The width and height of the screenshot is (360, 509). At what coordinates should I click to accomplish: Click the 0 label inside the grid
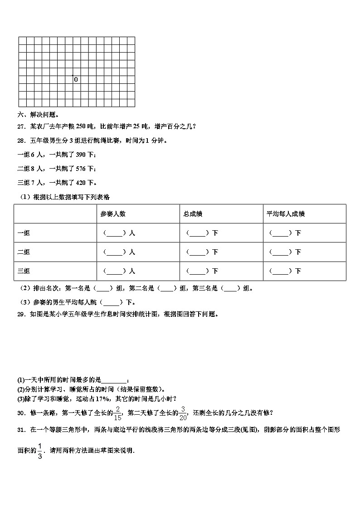[76, 80]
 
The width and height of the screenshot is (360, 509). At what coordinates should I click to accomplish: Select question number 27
[21, 126]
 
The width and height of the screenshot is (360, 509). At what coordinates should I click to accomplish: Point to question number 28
[21, 141]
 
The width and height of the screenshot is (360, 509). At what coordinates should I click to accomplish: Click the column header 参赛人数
[113, 213]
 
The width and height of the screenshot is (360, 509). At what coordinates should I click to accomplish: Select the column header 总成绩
[193, 213]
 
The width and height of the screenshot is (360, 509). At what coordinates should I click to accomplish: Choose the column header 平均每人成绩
[285, 213]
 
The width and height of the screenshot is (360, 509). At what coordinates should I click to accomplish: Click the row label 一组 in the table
[24, 233]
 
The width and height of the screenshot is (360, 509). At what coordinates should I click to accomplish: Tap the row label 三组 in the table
[24, 271]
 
